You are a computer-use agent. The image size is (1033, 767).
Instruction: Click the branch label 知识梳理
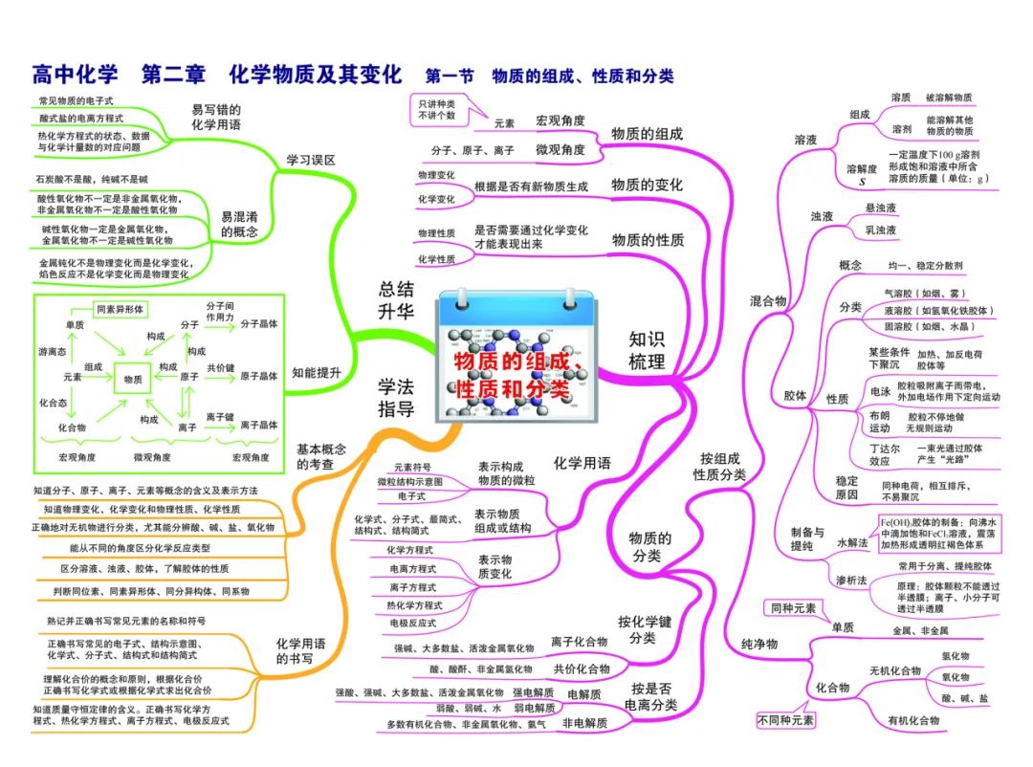point(647,350)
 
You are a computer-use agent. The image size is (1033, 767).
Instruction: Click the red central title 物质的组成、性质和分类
point(516,374)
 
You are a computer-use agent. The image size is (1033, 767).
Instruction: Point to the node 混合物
point(767,301)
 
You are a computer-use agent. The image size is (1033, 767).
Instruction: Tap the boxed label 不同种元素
point(785,720)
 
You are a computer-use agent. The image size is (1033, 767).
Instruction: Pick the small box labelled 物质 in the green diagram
point(133,379)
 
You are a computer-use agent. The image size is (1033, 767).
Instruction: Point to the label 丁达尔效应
point(859,453)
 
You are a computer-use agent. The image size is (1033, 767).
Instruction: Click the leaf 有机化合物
point(912,720)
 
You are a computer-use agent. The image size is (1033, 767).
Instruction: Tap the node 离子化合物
point(580,641)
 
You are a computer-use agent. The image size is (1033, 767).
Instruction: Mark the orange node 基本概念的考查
point(321,456)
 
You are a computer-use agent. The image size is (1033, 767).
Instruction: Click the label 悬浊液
point(880,208)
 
